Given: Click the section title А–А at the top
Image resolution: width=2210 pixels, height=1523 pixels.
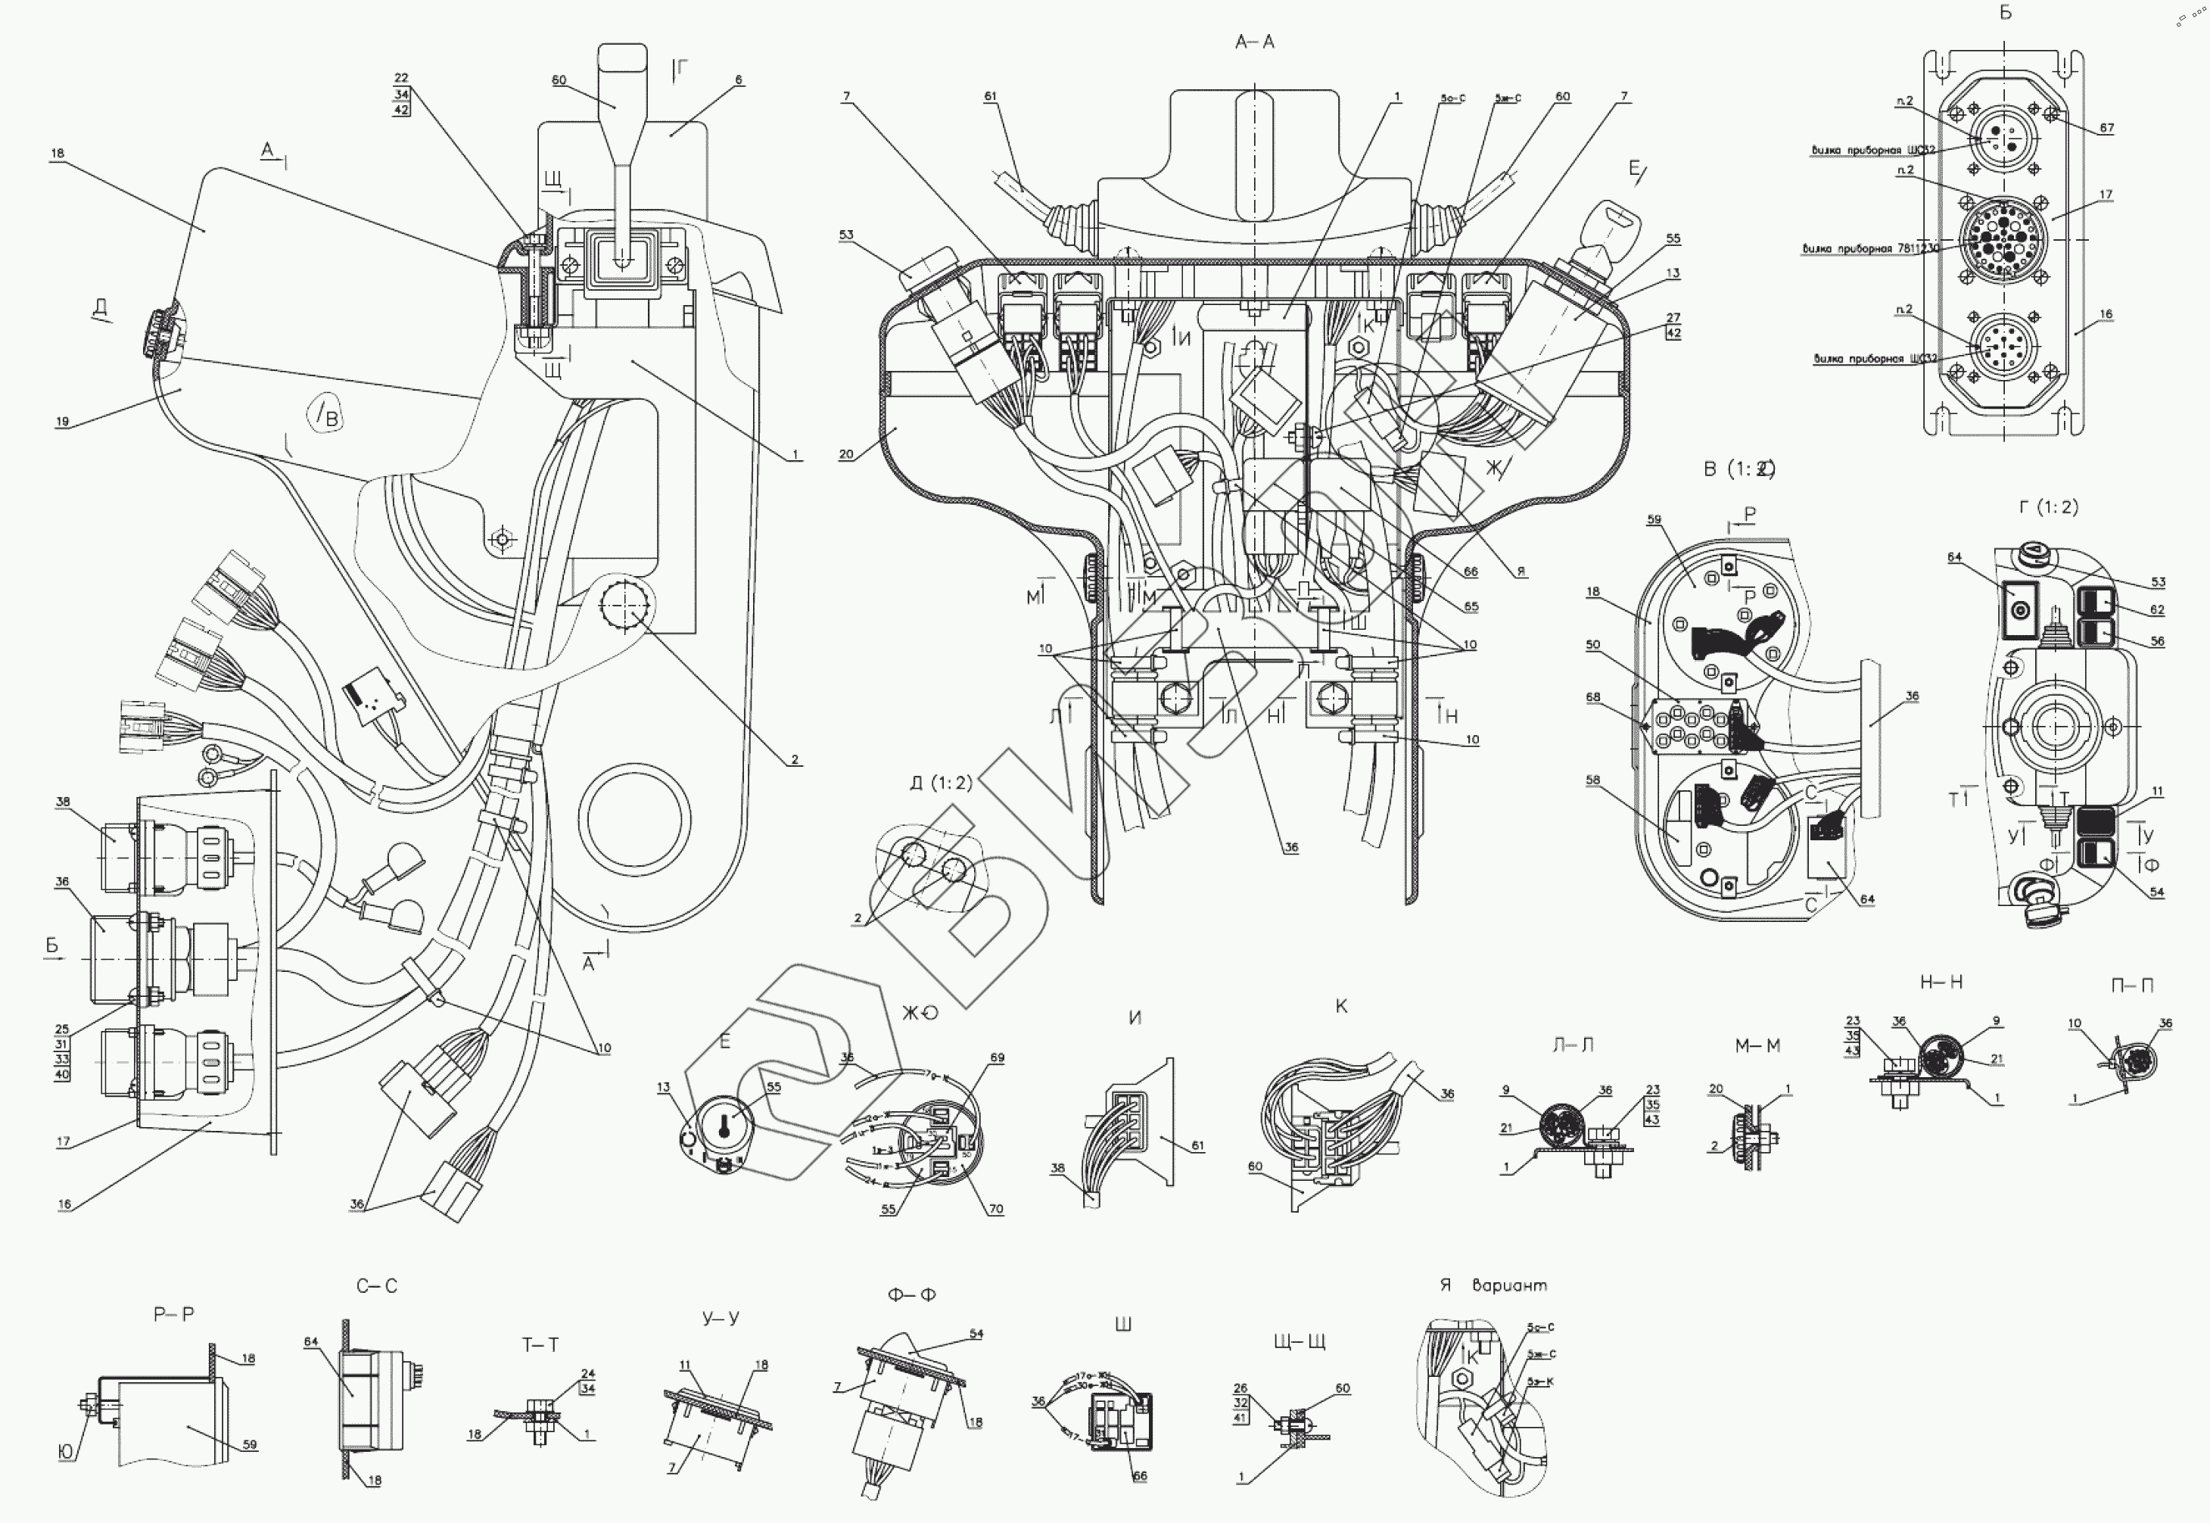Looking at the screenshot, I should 1254,42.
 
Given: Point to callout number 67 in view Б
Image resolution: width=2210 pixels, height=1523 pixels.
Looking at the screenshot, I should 2106,128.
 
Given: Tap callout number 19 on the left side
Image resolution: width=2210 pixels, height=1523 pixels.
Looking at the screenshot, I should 62,422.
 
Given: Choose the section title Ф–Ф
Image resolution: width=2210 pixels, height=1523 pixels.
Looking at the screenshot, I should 911,1295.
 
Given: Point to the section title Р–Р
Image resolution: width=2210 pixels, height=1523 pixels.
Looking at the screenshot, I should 173,1314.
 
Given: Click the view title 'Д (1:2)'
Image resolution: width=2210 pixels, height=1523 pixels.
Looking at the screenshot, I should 940,783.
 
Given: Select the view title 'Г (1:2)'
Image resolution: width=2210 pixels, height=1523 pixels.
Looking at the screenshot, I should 2048,506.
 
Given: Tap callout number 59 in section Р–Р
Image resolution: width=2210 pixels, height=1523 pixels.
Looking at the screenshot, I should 249,1445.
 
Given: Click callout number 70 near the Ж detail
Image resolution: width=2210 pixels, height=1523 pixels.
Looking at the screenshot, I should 996,1209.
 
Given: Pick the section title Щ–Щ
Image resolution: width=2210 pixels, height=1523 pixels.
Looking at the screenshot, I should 1300,1341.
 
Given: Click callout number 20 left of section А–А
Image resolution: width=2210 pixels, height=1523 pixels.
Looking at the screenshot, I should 845,454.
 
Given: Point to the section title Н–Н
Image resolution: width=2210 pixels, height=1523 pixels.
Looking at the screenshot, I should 1940,982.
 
